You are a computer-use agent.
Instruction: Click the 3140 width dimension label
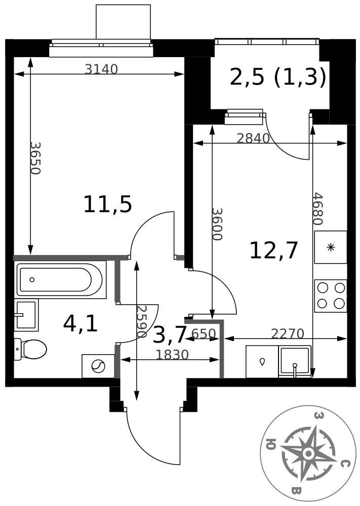[x=101, y=69]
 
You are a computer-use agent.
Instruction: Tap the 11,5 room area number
[x=107, y=204]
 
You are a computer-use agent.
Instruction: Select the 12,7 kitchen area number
[x=273, y=251]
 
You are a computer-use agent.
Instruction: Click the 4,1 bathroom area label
[x=81, y=324]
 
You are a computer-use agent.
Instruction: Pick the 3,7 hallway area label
[x=170, y=334]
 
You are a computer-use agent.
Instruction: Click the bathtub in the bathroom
[x=61, y=280]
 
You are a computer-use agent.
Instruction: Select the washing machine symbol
[x=98, y=366]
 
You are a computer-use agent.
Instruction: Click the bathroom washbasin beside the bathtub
[x=26, y=315]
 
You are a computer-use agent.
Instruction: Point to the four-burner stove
[x=331, y=296]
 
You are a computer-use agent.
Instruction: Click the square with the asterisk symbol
[x=331, y=247]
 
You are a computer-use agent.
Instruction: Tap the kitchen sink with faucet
[x=295, y=361]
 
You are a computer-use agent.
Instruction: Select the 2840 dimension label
[x=253, y=139]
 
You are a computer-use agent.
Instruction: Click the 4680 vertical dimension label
[x=318, y=209]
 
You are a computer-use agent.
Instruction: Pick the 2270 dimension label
[x=288, y=333]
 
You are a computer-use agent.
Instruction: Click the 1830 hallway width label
[x=172, y=355]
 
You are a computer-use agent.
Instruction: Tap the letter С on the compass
[x=345, y=464]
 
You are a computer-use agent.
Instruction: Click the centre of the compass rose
[x=308, y=454]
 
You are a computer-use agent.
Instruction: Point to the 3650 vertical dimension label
[x=35, y=158]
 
